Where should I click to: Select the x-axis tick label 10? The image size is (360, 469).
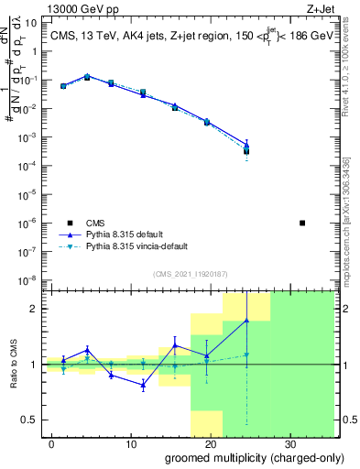click(130, 443)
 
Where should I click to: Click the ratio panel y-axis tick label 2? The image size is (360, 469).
click(32, 309)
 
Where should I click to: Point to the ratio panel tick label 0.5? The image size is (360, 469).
click(27, 420)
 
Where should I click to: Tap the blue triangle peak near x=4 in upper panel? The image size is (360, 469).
click(87, 76)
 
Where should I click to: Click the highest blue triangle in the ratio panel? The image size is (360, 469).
click(246, 320)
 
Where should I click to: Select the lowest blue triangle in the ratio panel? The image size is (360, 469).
click(143, 385)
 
